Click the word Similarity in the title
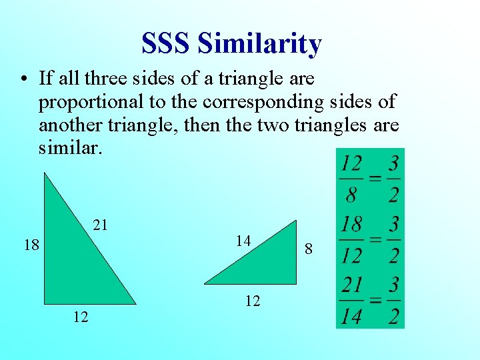pyautogui.click(x=260, y=44)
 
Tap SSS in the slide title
pyautogui.click(x=167, y=44)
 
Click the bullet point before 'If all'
pyautogui.click(x=23, y=79)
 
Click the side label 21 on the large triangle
pyautogui.click(x=100, y=225)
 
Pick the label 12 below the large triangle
pyautogui.click(x=81, y=317)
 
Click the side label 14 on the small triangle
pyautogui.click(x=243, y=241)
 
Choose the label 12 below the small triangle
pyautogui.click(x=252, y=301)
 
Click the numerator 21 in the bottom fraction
pyautogui.click(x=351, y=285)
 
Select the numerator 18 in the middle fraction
pyautogui.click(x=351, y=224)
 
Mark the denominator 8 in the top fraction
pyautogui.click(x=351, y=195)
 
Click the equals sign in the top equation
pyautogui.click(x=375, y=179)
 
